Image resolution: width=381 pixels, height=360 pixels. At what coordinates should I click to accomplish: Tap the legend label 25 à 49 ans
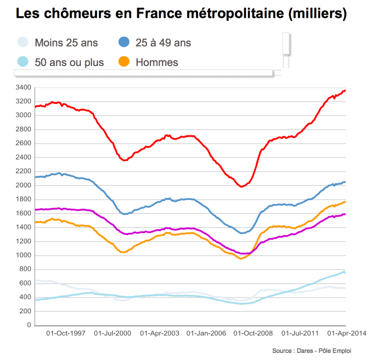[x=163, y=43]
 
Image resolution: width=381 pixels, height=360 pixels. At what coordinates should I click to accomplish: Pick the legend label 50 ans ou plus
[x=69, y=63]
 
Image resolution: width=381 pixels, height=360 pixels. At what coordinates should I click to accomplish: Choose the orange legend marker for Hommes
[x=124, y=62]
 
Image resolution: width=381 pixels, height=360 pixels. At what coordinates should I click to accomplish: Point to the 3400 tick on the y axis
[x=24, y=87]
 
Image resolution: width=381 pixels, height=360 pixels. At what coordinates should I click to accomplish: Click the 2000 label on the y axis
[x=24, y=185]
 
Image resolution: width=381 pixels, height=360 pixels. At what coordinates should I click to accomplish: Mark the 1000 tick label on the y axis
[x=24, y=255]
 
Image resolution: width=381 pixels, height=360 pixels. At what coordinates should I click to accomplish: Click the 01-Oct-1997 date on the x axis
[x=66, y=334]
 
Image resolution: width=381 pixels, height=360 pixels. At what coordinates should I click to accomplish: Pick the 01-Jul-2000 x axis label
[x=113, y=334]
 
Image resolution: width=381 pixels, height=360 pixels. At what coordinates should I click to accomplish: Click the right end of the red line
[x=345, y=90]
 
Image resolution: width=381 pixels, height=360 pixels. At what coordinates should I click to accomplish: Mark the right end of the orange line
[x=345, y=202]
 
